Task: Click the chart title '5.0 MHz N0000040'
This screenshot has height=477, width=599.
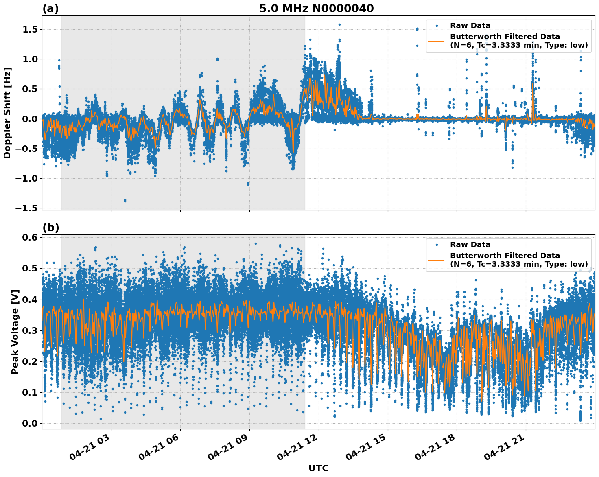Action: coord(316,8)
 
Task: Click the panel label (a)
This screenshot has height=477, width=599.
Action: coord(50,9)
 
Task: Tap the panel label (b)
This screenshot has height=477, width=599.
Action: coord(50,228)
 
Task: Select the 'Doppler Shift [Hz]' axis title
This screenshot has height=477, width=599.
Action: coord(7,113)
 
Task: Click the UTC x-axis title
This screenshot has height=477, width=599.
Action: coord(318,468)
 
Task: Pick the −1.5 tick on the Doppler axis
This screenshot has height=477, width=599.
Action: coord(26,208)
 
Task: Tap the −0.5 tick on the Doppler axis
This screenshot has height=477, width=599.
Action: coord(26,149)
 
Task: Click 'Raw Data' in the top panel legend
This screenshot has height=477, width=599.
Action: coord(470,26)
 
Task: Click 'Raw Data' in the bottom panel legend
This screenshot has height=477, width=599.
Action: coord(470,245)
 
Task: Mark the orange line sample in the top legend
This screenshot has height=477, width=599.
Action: coord(437,41)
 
